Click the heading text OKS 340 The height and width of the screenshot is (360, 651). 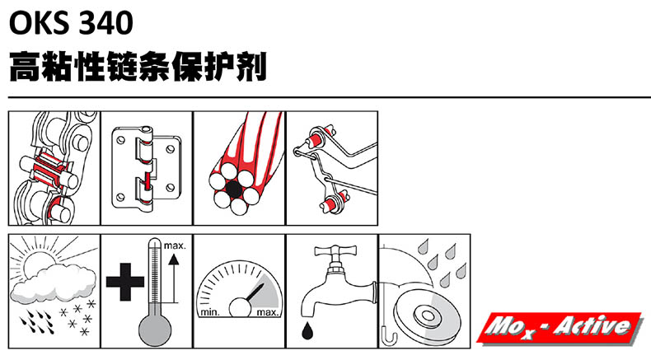point(71,23)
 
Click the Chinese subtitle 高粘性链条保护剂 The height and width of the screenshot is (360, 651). point(138,67)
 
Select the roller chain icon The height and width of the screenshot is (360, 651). point(54,168)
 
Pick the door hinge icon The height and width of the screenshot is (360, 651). point(146,168)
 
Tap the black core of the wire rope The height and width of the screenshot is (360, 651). point(234,189)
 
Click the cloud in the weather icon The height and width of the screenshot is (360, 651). point(53,283)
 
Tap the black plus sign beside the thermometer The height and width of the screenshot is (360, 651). point(125,282)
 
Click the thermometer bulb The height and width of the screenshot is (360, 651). point(154,330)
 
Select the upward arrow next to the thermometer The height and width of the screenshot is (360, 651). point(175,278)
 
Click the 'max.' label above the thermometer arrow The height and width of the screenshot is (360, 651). point(175,245)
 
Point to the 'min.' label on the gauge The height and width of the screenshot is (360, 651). point(210,312)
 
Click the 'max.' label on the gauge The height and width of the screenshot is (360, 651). point(268,312)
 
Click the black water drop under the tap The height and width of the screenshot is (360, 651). point(307,330)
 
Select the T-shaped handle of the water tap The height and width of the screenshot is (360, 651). point(335,250)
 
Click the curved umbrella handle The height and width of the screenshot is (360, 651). point(389,335)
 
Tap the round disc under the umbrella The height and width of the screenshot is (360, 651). point(427,316)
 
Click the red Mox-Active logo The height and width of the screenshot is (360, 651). point(560,328)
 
